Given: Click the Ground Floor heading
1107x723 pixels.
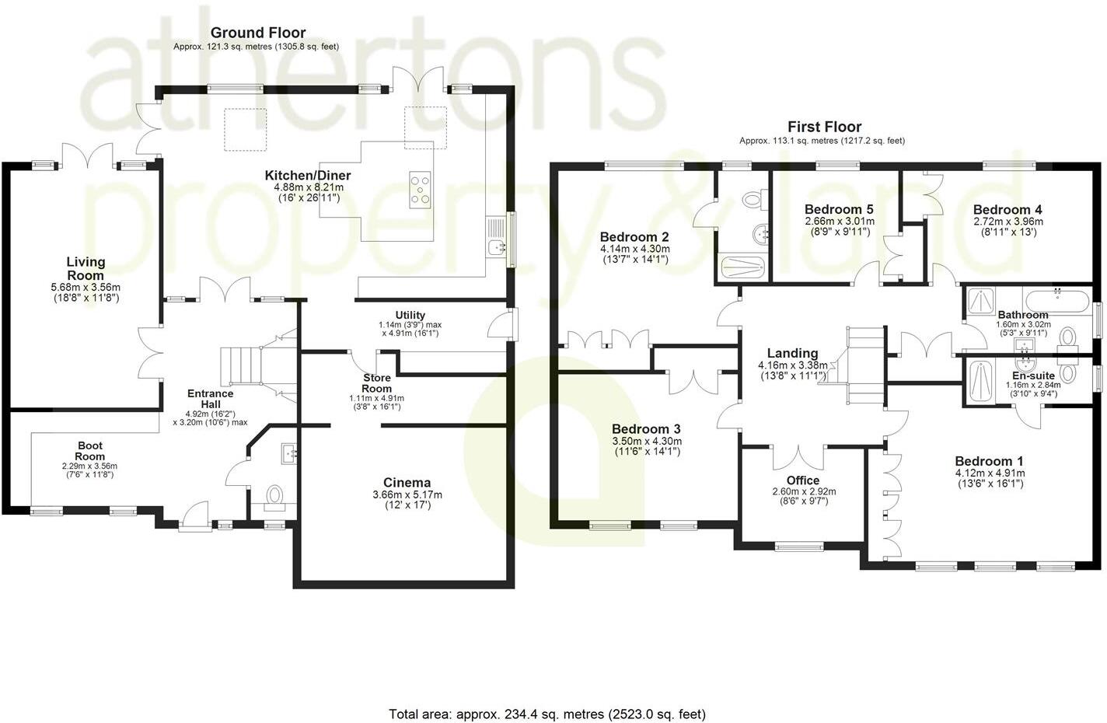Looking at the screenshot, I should [258, 33].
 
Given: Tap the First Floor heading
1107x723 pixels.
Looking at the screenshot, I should [824, 127].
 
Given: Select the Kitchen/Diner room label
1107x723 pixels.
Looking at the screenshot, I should [308, 176].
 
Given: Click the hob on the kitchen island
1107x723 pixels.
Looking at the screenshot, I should [421, 190].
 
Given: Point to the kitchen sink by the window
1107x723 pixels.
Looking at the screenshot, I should [496, 247].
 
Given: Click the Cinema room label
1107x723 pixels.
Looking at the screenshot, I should [407, 483].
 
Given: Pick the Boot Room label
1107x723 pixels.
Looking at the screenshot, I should [89, 451].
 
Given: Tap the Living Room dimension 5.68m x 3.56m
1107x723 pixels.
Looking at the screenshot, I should [86, 287].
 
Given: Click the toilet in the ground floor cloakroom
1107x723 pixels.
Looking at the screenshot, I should [274, 494].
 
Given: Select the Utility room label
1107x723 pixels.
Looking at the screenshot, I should [410, 315].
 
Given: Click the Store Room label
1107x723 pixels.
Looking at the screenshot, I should [376, 383].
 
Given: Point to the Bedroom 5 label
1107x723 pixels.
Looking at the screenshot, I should [839, 209].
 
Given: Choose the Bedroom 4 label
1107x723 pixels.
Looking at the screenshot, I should [1007, 209].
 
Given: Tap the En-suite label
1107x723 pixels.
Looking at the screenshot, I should [1034, 375].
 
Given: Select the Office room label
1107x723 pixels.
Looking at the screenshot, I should [803, 480].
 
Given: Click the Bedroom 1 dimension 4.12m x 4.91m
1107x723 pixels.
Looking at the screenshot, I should [990, 473].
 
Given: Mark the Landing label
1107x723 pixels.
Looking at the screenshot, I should [792, 353].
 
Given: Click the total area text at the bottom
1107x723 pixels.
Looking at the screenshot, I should [547, 714].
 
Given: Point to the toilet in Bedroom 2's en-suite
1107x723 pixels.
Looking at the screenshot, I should [753, 200].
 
